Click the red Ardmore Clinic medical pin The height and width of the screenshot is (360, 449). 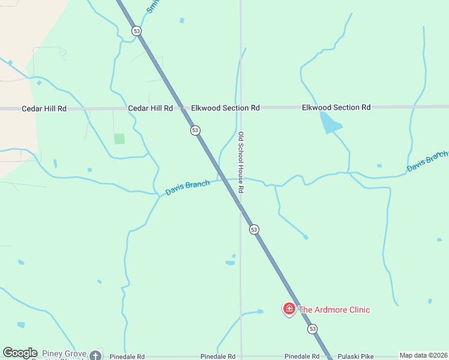289,309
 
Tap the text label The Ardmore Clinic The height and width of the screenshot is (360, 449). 334,310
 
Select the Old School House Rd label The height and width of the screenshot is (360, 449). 241,162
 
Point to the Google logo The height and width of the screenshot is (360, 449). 20,353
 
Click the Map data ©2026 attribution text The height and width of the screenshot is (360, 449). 423,355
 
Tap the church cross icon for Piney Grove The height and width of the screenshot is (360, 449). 95,356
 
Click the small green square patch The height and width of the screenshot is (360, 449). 119,139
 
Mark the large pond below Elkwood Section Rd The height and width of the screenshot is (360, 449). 330,124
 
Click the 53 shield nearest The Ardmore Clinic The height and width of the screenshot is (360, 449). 312,329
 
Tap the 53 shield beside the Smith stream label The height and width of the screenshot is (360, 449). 137,31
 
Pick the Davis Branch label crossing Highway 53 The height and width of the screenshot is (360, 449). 188,187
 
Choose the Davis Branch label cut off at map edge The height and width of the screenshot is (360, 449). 427,161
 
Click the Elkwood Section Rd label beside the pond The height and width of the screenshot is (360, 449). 336,107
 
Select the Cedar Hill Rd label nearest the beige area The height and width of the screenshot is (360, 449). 44,109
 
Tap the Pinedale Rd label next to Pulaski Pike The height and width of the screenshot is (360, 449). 302,356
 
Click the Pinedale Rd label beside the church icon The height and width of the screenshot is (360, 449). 127,356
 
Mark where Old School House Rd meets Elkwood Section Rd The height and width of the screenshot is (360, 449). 241,108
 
